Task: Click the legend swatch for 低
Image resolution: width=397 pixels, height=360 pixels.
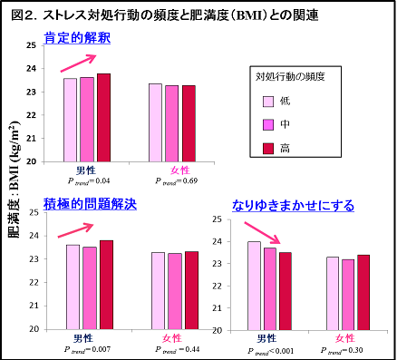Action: [x=268, y=102]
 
